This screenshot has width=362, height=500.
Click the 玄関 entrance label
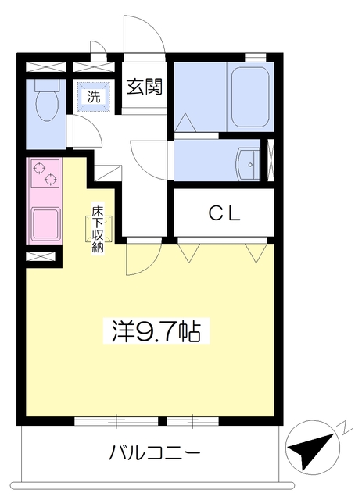145,87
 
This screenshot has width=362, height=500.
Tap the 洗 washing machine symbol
94,96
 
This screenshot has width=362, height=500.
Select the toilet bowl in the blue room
47,104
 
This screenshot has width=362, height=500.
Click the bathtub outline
250,97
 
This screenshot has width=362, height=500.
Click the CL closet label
224,213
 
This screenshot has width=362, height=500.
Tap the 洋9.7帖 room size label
156,330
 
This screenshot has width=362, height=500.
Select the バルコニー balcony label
155,452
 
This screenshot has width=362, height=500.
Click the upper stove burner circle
38,168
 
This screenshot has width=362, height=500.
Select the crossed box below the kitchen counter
41,256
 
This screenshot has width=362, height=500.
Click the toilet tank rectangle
47,85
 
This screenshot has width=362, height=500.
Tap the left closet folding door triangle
189,253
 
